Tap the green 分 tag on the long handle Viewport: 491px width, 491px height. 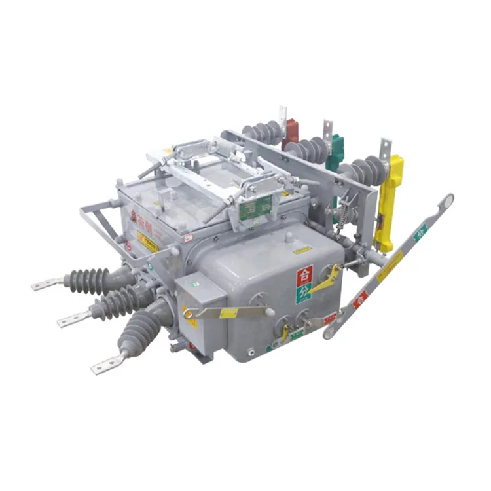click(x=420, y=232)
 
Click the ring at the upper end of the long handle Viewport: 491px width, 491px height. click(x=446, y=202)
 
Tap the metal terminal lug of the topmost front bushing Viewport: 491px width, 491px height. click(x=46, y=284)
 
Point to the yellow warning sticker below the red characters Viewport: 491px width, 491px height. click(x=148, y=242)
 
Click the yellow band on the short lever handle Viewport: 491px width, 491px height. click(x=229, y=314)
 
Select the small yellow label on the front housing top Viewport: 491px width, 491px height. click(x=301, y=250)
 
